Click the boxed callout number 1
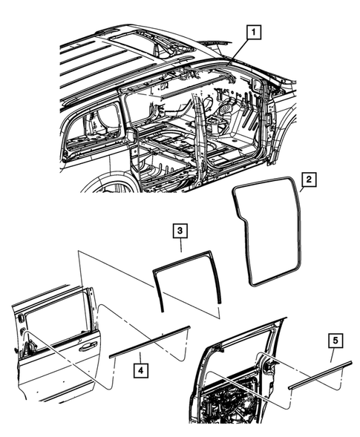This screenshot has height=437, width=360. (x=254, y=32)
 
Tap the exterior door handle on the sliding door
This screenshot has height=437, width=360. (x=88, y=344)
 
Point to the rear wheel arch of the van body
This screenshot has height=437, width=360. (x=111, y=182)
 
